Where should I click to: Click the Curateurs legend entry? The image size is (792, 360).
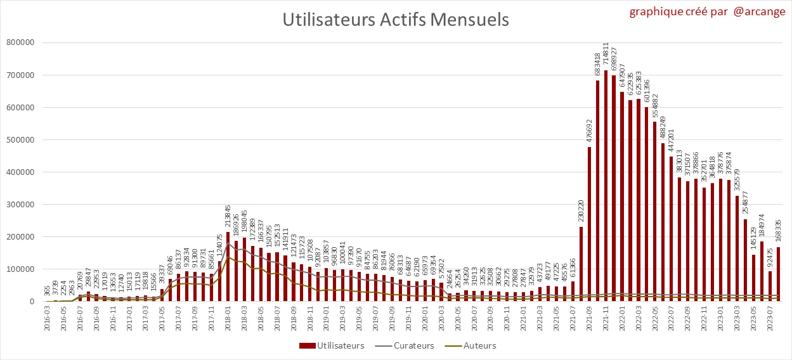click(x=406, y=345)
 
